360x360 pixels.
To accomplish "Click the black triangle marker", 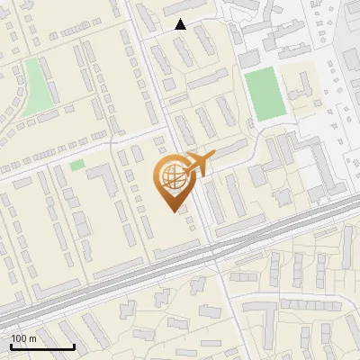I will point(181,24).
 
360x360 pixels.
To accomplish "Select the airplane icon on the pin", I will point(196,164).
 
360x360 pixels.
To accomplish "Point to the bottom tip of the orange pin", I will point(172,211).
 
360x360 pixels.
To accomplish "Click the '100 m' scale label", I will point(24,338).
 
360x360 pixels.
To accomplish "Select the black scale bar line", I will point(42,346).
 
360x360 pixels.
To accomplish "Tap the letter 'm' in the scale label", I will point(33,338).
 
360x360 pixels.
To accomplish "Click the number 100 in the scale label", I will point(19,338).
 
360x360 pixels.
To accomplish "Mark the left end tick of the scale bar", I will point(12,345).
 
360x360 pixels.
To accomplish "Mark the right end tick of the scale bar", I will point(74,345).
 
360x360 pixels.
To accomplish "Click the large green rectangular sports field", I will point(265,94).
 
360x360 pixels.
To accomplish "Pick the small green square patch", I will point(76,165).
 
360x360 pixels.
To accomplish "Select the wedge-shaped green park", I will point(37,86).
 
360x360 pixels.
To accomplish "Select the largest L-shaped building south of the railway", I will point(260,315).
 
